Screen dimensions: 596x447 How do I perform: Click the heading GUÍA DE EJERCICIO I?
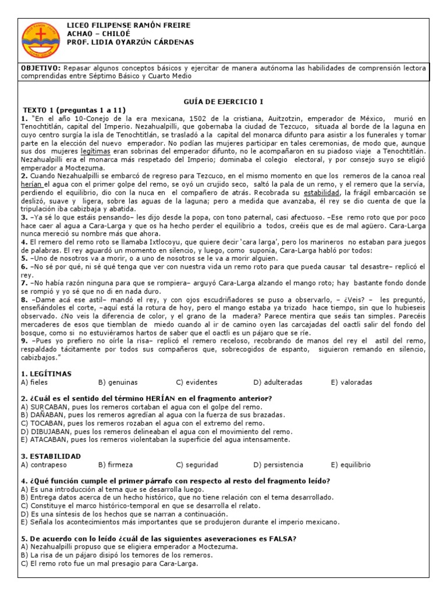(223, 101)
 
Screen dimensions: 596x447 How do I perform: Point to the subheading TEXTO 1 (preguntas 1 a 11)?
(74, 109)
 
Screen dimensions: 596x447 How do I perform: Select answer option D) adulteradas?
(278, 382)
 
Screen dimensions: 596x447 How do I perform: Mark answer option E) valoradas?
(352, 382)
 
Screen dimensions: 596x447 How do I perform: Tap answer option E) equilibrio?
(352, 465)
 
